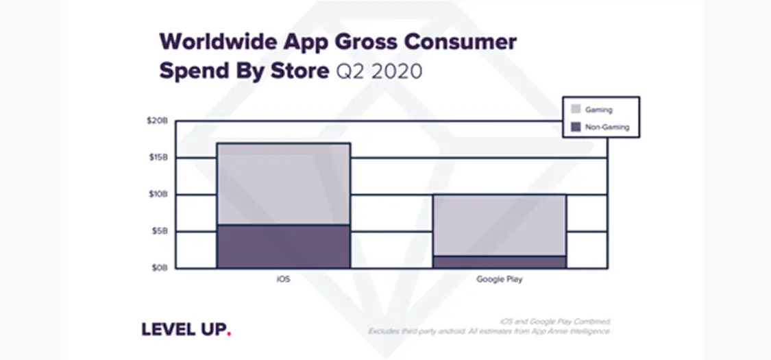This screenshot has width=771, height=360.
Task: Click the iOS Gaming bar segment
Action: coord(283,184)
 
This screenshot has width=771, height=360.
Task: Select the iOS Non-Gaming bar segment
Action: coord(283,246)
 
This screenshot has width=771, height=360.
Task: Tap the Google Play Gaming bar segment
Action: coord(498,225)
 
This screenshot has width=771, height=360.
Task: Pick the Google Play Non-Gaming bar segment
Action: coord(498,261)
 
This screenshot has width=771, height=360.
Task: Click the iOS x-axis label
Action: coord(283,280)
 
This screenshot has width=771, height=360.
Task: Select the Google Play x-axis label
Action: coord(499,280)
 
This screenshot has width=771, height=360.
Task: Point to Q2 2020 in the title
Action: coord(378,71)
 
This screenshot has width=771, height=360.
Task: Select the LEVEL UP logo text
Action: coord(183,329)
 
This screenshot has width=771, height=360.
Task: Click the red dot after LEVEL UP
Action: coord(229,333)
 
